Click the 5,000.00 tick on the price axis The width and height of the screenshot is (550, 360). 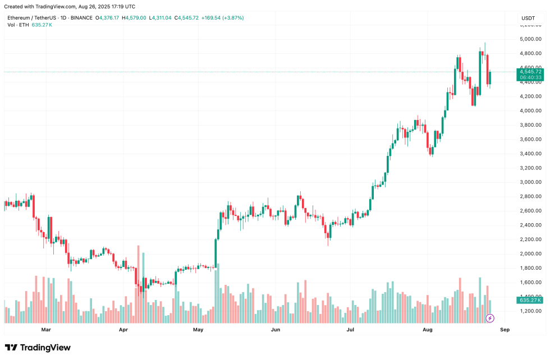(x=530, y=39)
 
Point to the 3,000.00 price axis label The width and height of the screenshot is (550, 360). (x=530, y=182)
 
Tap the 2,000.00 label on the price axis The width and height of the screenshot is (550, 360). (x=530, y=253)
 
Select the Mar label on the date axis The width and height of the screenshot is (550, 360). (x=46, y=330)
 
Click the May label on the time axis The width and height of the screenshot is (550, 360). (x=198, y=330)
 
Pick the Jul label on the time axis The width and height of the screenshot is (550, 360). (x=350, y=330)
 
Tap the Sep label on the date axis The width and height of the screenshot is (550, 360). (x=505, y=330)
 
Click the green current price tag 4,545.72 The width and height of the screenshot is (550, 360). (x=530, y=72)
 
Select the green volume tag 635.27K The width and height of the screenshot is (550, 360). (x=530, y=301)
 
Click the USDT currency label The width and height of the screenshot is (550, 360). (x=528, y=18)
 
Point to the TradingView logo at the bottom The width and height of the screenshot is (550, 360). (x=38, y=348)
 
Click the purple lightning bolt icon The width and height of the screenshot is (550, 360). (x=490, y=318)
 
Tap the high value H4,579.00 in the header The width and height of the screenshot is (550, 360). (x=135, y=18)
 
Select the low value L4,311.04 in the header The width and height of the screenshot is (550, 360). (x=161, y=18)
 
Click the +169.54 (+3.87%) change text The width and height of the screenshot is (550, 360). (x=223, y=18)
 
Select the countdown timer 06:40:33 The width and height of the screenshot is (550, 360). (x=530, y=78)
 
